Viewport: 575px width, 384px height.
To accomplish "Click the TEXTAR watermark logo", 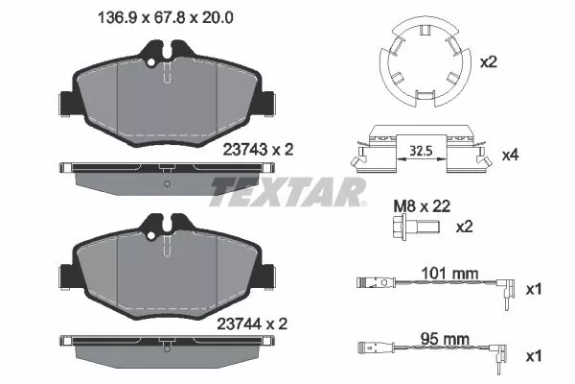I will [287, 192].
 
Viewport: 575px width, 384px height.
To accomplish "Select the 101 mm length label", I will [450, 273].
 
